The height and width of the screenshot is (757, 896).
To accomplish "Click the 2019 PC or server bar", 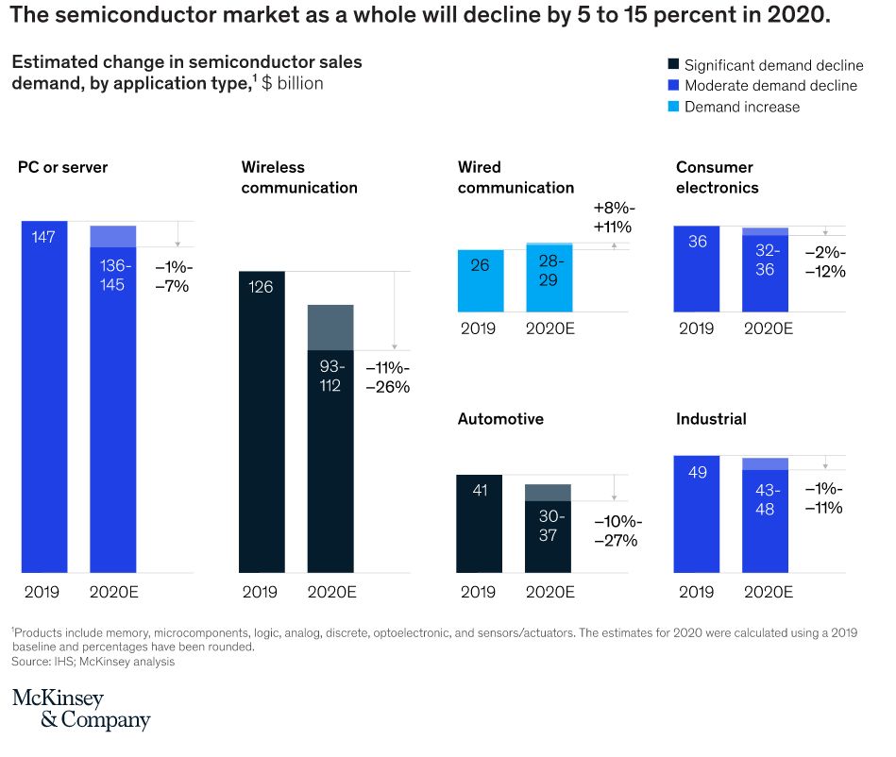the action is pos(44,396).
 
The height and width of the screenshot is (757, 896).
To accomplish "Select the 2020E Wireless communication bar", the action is pos(330,439).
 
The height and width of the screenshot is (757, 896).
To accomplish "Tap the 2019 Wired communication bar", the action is pos(481,281).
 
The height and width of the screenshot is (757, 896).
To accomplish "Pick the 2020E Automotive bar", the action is pos(548,529).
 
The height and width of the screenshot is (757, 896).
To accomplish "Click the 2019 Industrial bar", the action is pos(697,514).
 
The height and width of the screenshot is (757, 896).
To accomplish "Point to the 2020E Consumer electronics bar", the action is pos(765,270).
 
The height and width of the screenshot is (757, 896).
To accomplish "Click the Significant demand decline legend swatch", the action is pos(674,64).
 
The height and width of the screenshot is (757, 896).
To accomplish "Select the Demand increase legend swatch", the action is pos(674,107).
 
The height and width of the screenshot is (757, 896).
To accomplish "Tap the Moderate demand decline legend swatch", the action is pos(674,85).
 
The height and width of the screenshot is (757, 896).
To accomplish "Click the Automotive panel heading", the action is pos(500,419).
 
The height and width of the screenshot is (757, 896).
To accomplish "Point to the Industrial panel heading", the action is pos(711,419).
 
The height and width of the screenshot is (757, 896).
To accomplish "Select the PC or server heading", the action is pos(63,167).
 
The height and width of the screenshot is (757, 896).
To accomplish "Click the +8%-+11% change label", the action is pos(613,217).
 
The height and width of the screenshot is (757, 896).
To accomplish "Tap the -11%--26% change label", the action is pos(388,377).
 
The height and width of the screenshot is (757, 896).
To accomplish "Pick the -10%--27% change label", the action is pos(617,530).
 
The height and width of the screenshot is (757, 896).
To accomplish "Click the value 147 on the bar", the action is pos(43,237).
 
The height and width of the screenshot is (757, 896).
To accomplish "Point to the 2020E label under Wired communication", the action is pos(549,328).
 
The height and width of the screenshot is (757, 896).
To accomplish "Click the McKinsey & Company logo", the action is pos(81,709).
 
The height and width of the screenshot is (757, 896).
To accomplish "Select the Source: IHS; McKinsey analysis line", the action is pos(93,662).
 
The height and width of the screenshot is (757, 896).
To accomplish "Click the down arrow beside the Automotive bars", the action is pos(614,488).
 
